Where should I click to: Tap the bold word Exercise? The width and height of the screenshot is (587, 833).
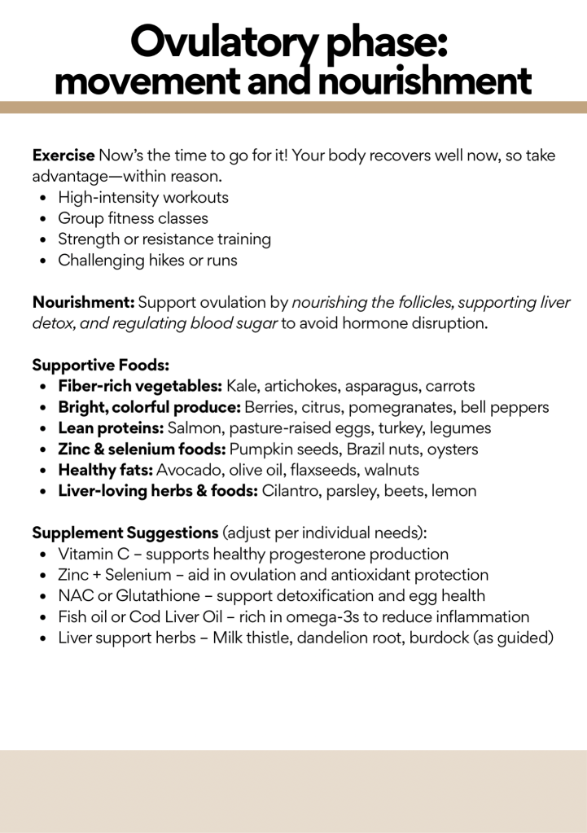pos(63,155)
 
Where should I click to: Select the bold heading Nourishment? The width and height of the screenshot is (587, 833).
pos(83,303)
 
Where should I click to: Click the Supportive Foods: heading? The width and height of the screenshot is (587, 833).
pos(100,366)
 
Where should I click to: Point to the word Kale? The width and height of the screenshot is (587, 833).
pos(241,386)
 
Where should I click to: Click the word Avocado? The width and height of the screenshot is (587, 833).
pos(185,471)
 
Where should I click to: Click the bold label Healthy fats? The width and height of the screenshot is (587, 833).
pos(105,471)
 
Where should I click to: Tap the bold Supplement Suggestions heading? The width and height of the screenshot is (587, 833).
pos(125,533)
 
